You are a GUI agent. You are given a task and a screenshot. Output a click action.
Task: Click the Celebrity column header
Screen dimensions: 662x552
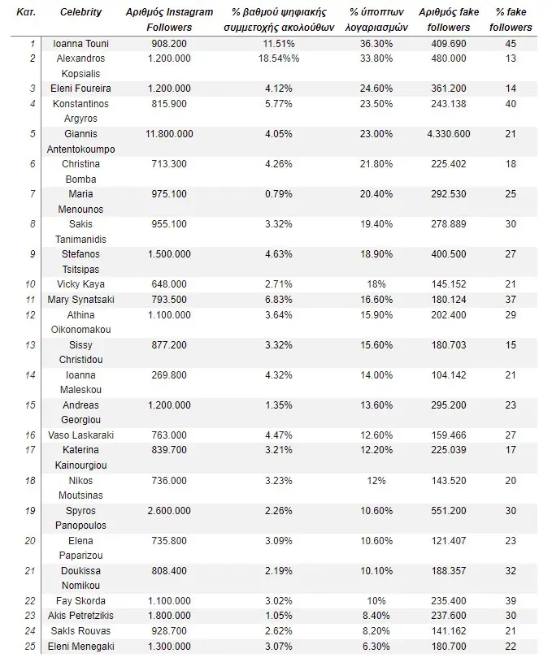point(80,12)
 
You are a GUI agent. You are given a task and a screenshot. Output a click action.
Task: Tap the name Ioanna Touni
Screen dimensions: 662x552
point(80,43)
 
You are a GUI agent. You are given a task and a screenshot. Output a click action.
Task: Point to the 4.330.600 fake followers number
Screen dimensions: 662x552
point(448,134)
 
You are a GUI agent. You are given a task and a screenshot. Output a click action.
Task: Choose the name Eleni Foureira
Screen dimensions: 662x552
point(80,89)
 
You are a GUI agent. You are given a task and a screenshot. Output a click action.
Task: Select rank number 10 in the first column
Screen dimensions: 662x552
point(31,284)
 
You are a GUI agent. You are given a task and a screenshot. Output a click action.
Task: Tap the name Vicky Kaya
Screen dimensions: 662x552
point(80,284)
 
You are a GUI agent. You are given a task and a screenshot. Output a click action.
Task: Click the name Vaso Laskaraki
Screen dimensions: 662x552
point(80,435)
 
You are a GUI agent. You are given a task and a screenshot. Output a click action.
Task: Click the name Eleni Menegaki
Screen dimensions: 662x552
point(80,647)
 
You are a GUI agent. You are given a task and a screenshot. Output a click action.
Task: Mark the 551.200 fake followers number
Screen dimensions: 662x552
point(448,511)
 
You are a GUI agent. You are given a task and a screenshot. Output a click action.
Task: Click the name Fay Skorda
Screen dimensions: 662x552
point(80,601)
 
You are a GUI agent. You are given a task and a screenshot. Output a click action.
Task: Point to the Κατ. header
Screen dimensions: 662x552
point(25,12)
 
